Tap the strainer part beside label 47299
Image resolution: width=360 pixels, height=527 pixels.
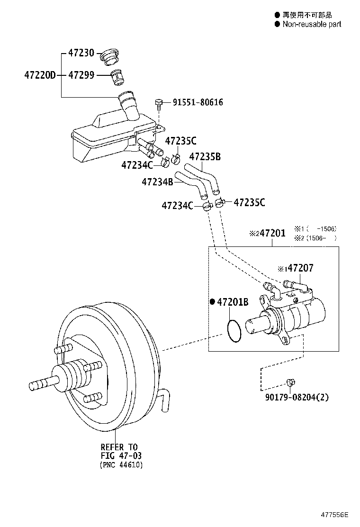(x=117, y=77)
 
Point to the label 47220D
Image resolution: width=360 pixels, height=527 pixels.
(x=40, y=75)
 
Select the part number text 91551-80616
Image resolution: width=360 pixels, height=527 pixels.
(x=198, y=102)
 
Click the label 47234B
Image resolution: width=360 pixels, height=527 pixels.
(x=157, y=182)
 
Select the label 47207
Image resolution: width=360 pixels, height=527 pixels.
(x=300, y=268)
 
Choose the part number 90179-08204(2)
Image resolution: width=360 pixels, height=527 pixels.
(x=297, y=397)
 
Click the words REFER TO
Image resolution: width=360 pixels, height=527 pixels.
(x=119, y=447)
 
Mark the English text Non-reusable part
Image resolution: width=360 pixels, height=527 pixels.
(x=312, y=24)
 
